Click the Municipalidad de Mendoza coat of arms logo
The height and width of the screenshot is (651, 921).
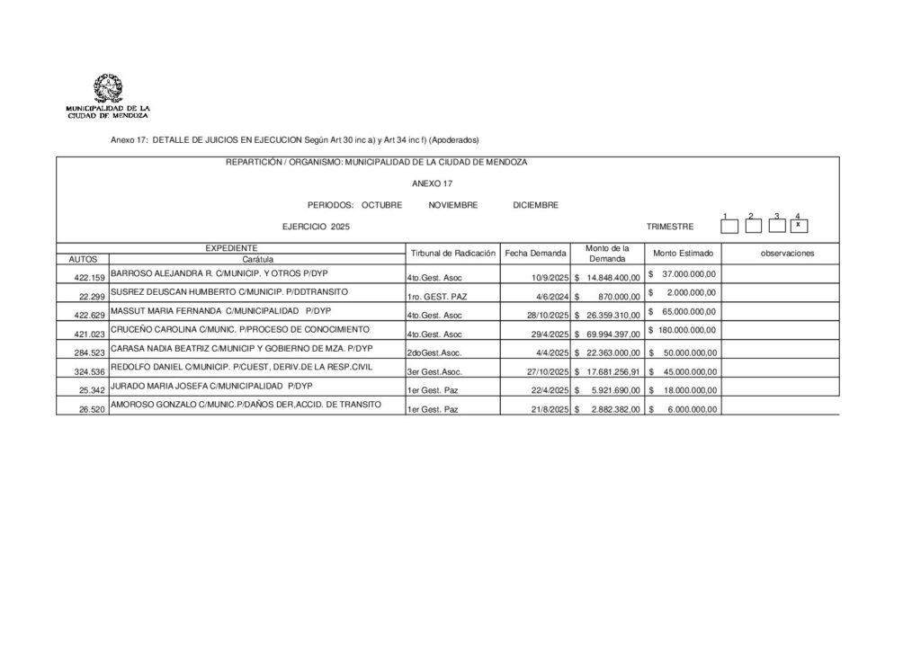point(108,90)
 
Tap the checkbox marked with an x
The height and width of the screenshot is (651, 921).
point(798,225)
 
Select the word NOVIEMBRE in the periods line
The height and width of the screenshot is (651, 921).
point(453,205)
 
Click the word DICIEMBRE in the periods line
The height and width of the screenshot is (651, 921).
point(536,205)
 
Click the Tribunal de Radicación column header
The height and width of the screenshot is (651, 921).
point(453,254)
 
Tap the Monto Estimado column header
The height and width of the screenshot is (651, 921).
point(683,254)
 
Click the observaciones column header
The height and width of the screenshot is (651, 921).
point(787,254)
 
